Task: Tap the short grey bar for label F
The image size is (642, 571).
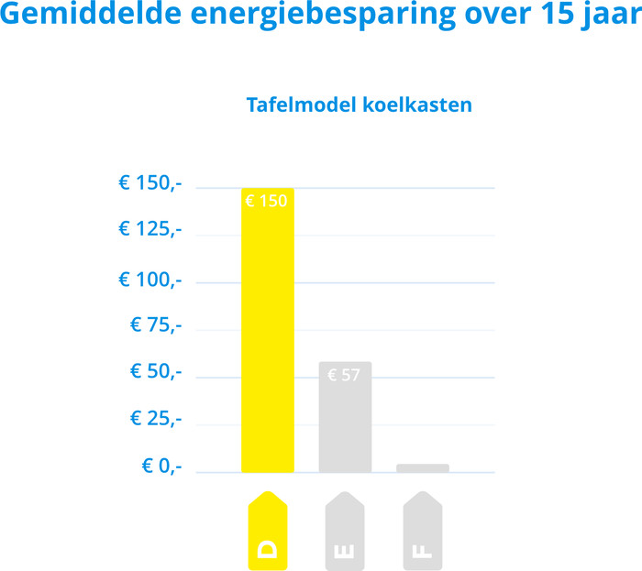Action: (423, 467)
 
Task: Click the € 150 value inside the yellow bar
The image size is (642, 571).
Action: (267, 200)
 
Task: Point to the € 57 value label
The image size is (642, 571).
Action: (344, 375)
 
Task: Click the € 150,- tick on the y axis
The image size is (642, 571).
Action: (150, 183)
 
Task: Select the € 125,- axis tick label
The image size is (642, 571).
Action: (150, 229)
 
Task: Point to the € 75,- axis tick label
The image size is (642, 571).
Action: (156, 324)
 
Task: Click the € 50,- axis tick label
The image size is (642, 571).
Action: (156, 372)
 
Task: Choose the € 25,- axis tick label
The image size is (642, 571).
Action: (156, 419)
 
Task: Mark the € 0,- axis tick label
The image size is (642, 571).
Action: (161, 467)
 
